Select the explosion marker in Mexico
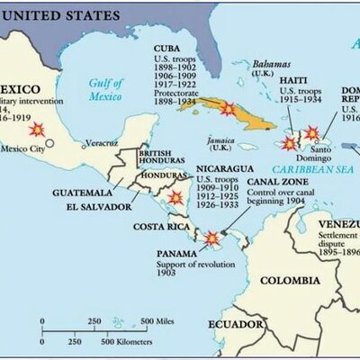pyautogui.click(x=37, y=130)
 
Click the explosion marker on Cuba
pyautogui.click(x=228, y=108)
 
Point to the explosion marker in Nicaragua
pyautogui.click(x=175, y=197)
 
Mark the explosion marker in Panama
pyautogui.click(x=211, y=238)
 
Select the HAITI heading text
pyautogui.click(x=297, y=82)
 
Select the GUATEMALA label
pyautogui.click(x=82, y=192)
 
